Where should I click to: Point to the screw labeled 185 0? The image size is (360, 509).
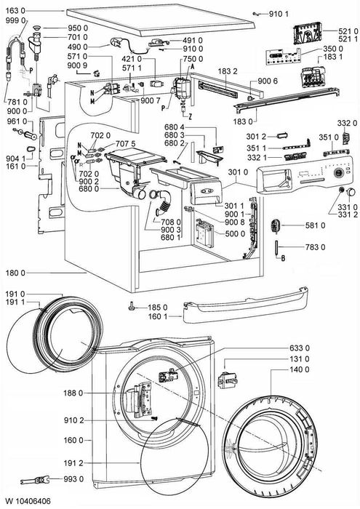[132, 306]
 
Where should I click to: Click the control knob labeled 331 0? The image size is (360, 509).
[340, 189]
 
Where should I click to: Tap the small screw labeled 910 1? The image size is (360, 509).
[256, 14]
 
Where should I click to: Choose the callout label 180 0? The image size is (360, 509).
[15, 272]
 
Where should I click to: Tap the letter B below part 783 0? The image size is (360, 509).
[283, 258]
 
